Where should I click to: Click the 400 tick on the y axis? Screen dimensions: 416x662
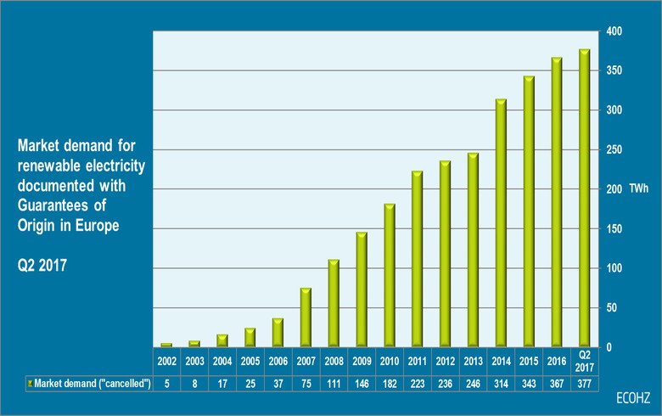[615, 31]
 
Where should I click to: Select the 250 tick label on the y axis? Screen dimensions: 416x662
[615, 150]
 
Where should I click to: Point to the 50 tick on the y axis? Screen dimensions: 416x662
[618, 308]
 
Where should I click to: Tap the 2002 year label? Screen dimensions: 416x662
[166, 360]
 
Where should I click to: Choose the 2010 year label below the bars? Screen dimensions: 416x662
[390, 360]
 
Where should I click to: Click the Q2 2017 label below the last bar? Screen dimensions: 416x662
[584, 359]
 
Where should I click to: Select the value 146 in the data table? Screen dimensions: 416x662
[362, 384]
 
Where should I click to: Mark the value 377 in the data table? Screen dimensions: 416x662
[584, 384]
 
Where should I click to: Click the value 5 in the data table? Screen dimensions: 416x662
[166, 384]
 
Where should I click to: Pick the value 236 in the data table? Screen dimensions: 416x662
[445, 384]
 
